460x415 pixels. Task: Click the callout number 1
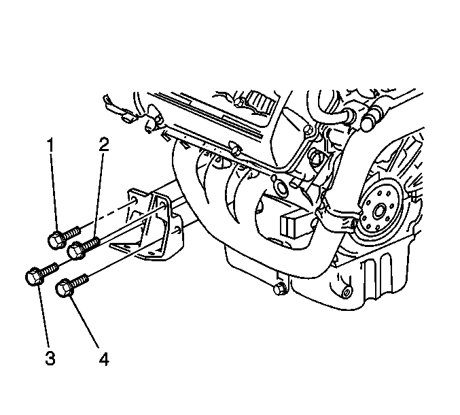(51, 146)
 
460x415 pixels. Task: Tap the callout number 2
(103, 145)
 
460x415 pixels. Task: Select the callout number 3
(50, 359)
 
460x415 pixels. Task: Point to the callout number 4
(103, 359)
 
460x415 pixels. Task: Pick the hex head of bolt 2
(75, 250)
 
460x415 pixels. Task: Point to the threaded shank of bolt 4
(79, 280)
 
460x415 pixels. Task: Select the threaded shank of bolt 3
(50, 269)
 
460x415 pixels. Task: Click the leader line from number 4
(84, 324)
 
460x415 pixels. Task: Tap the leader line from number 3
(43, 317)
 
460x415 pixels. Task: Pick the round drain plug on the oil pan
(347, 293)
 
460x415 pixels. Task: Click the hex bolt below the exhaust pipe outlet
(279, 288)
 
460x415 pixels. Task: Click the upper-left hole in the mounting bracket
(134, 201)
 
